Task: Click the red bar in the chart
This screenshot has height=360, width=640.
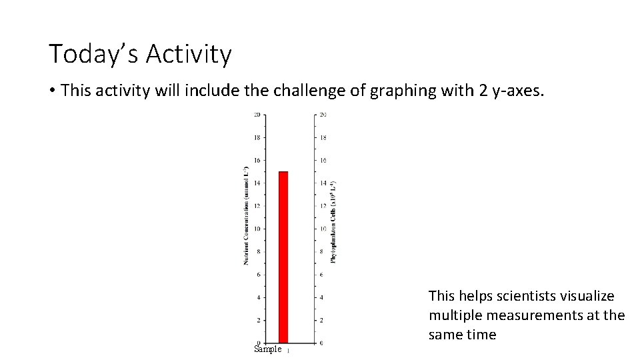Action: tap(283, 257)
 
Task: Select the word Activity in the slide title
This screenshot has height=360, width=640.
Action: tap(189, 54)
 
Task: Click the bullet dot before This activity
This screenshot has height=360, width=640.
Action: tap(52, 91)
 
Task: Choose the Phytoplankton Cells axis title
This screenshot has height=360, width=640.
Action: tap(333, 222)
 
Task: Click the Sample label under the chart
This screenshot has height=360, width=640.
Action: tap(269, 349)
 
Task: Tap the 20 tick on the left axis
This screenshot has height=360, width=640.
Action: tap(257, 115)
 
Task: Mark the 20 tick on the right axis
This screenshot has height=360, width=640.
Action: tap(323, 115)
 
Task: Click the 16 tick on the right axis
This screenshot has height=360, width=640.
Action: tap(323, 161)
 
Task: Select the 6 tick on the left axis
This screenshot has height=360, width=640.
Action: tap(259, 275)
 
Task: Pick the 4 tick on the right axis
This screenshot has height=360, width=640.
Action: tap(321, 297)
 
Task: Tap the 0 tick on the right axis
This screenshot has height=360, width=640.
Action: tap(321, 343)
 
